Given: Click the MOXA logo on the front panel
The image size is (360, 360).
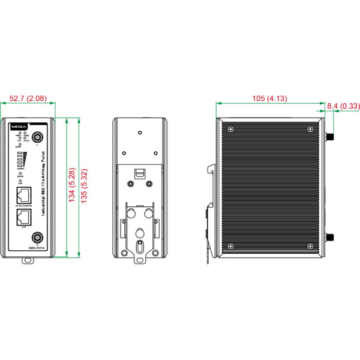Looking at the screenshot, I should coord(19,127).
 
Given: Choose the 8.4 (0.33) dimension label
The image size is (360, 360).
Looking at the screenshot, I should coord(343,106).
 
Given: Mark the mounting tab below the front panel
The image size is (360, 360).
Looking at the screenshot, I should coord(28,260).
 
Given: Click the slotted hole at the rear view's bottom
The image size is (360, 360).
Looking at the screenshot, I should coord(139,247).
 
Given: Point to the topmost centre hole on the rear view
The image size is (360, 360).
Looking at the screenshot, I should coord(139,133).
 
